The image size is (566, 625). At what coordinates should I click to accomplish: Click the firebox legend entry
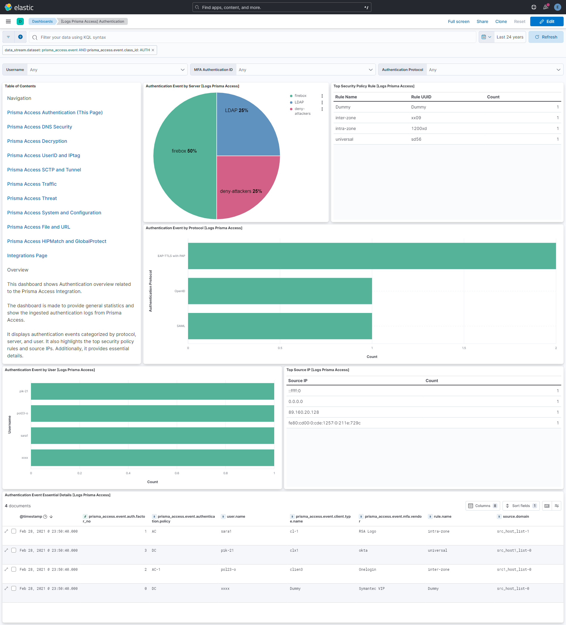[x=300, y=96]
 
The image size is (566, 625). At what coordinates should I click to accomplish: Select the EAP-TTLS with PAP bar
[x=372, y=256]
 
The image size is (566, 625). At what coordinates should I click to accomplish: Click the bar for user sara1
[x=152, y=435]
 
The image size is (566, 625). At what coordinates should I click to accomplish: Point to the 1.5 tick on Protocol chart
[x=464, y=348]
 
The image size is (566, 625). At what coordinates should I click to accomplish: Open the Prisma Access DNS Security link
[x=39, y=127]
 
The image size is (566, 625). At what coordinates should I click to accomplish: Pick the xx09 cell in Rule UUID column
[x=416, y=118]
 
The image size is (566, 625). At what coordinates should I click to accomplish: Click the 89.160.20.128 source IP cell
[x=303, y=412]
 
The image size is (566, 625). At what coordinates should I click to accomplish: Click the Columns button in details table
[x=482, y=506]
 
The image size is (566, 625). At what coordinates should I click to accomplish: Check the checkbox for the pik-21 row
[x=14, y=550]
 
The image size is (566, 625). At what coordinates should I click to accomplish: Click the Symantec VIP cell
[x=371, y=588]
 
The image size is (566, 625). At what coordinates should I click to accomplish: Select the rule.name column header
[x=442, y=517]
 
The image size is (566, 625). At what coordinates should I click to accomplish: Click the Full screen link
[x=458, y=21]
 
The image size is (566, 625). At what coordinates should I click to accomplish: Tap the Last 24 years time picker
[x=510, y=37]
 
